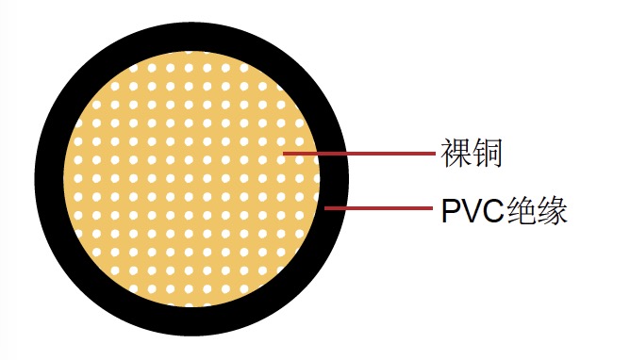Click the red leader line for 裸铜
(x=358, y=152)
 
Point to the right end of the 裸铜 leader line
(x=435, y=152)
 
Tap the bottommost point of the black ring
(x=192, y=337)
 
